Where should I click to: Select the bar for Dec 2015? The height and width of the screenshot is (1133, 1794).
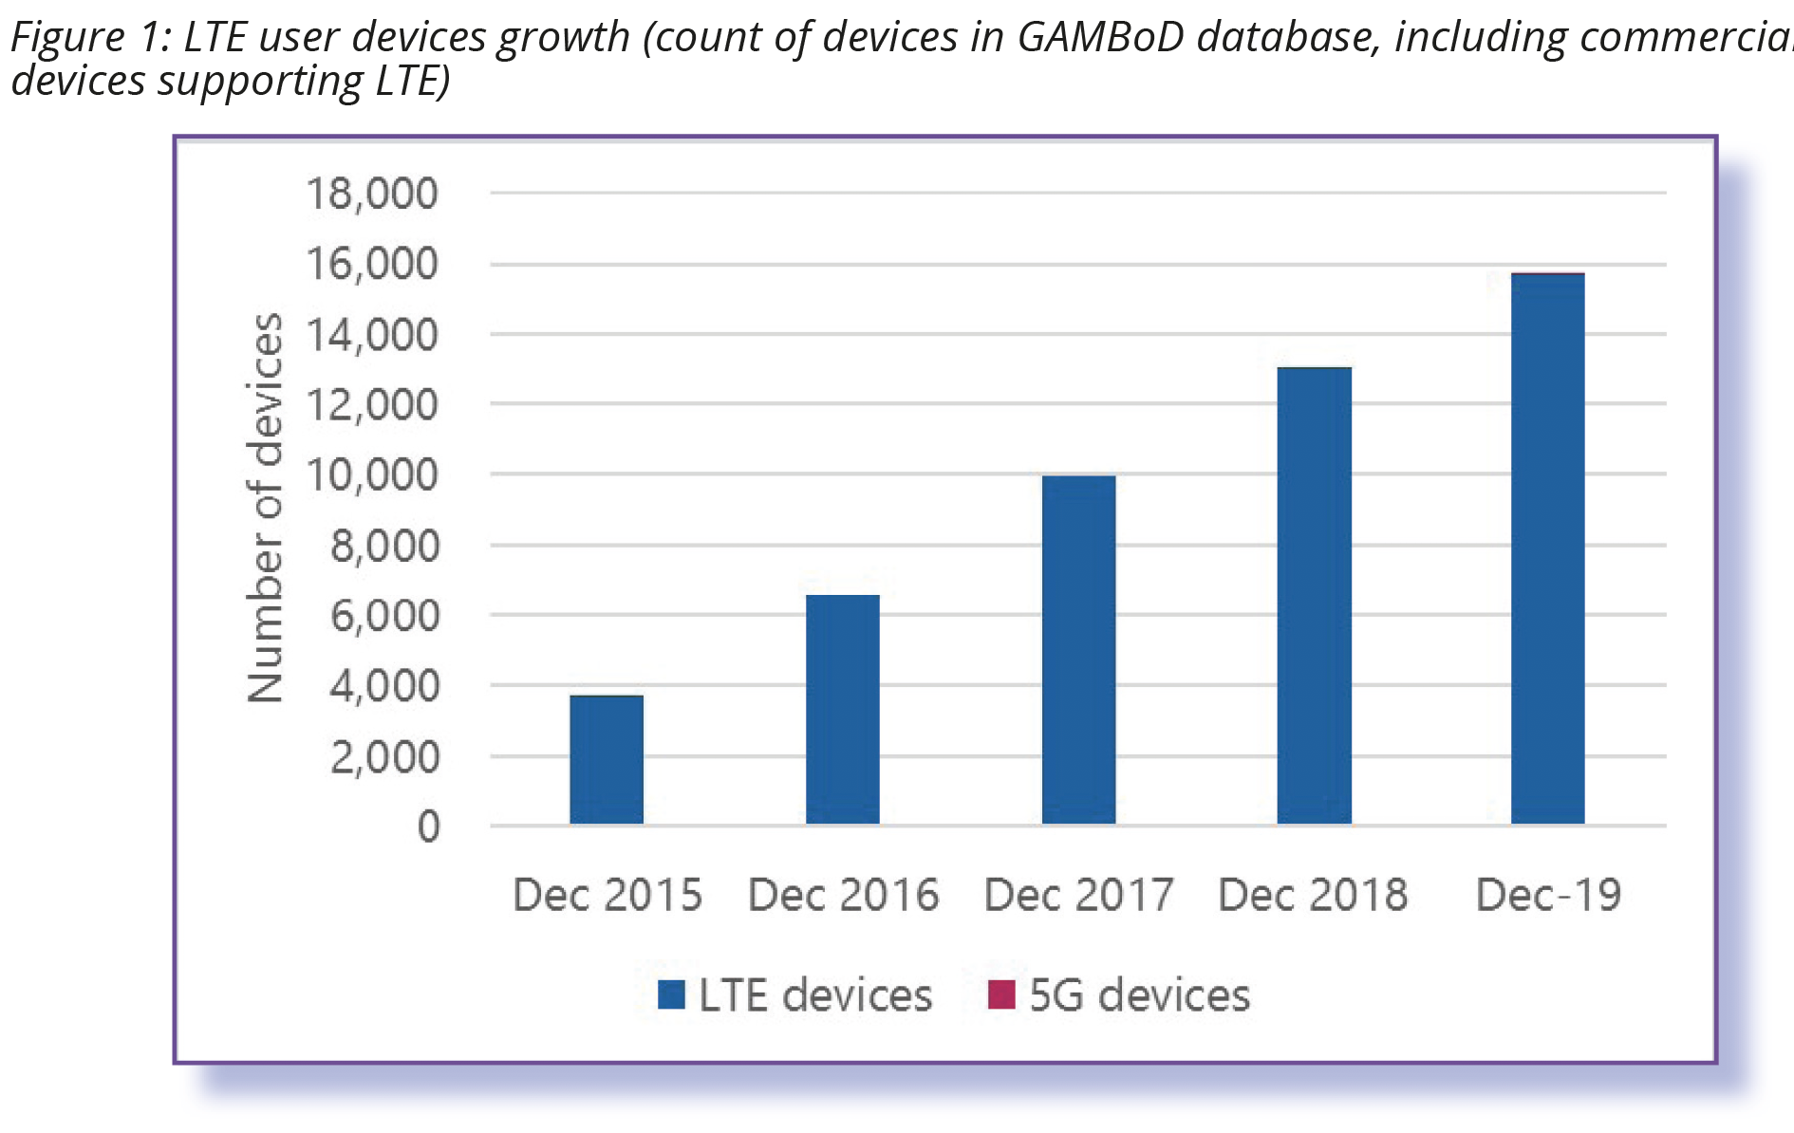pos(607,759)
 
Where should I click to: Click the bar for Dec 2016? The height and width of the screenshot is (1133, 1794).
pos(843,709)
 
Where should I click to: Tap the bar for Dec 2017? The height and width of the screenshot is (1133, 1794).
pos(1078,649)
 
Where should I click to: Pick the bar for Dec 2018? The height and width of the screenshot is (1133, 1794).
pos(1314,595)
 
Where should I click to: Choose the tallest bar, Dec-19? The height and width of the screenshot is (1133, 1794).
pos(1547,548)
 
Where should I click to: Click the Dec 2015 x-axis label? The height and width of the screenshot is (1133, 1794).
pos(607,895)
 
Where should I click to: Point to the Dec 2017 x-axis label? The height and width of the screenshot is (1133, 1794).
pos(1078,895)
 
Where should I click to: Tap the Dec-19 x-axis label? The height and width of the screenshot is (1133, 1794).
pos(1548,895)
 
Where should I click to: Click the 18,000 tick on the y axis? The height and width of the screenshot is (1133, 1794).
pos(371,194)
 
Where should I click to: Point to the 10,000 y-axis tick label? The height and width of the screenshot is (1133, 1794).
pos(371,474)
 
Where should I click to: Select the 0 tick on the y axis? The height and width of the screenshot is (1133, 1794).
pos(428,827)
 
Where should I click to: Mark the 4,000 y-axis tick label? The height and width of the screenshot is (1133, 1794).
pos(383,685)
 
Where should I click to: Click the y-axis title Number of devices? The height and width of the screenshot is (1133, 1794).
pos(265,508)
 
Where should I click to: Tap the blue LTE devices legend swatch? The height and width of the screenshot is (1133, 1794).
pos(671,994)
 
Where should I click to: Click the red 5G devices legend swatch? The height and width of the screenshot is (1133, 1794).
pos(1001,994)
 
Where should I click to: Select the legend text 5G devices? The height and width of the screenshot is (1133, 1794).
pos(1139,994)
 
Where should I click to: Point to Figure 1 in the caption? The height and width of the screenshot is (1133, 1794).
pos(85,38)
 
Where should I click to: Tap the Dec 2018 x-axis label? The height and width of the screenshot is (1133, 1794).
pos(1313,895)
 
